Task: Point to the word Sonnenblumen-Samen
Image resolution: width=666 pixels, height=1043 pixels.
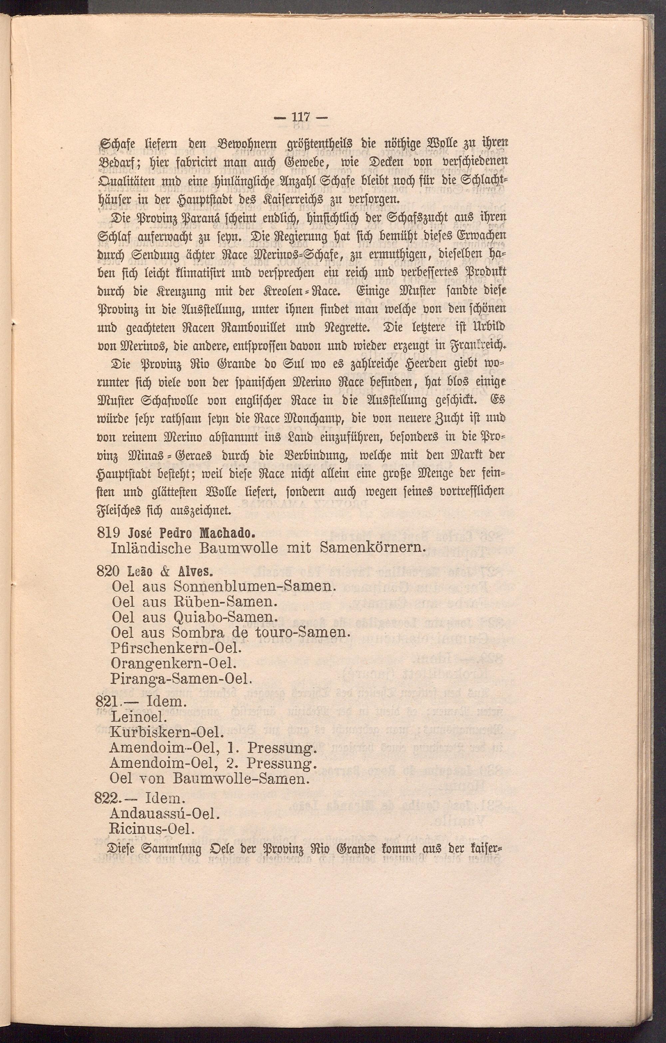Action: tap(254, 587)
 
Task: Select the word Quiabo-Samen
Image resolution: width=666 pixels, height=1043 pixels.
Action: tap(224, 617)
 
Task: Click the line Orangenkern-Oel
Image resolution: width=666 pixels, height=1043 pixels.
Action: tap(173, 663)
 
